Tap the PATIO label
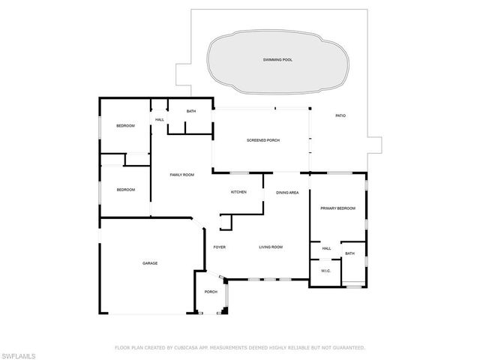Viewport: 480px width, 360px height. point(340,115)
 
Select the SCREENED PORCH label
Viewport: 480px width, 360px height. point(263,140)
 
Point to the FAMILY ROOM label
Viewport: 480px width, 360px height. point(181,175)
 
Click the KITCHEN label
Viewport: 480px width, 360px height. point(238,192)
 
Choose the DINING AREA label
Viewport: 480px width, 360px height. point(287,193)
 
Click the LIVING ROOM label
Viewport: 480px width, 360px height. point(270,247)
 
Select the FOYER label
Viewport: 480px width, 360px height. point(220,247)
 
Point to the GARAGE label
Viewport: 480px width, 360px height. point(150,263)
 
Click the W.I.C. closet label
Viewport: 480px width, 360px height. point(326,271)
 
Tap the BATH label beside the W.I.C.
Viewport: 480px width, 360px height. point(349,253)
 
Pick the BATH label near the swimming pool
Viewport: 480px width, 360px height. point(191,112)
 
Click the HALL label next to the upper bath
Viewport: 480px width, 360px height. point(160,119)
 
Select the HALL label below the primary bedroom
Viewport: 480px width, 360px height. point(326,248)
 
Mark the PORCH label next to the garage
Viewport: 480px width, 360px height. point(211,292)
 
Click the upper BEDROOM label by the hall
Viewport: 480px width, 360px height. point(125,126)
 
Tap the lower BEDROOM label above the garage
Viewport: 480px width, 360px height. point(125,190)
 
